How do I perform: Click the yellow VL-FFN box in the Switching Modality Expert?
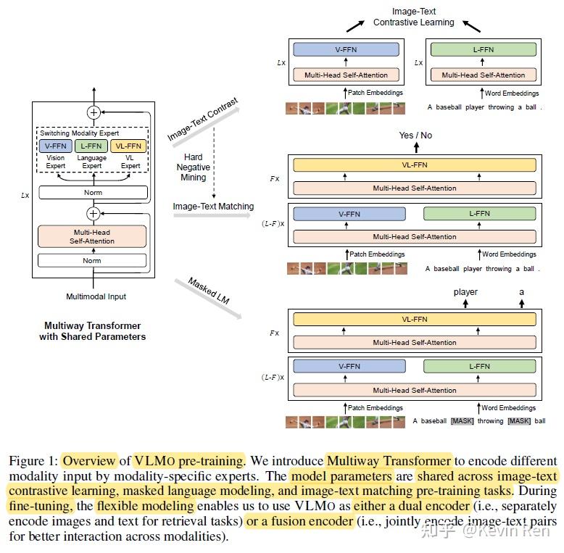(x=128, y=146)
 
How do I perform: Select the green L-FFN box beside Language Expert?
(x=91, y=146)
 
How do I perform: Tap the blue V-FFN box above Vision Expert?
(x=55, y=146)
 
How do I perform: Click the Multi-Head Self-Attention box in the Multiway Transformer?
(x=92, y=236)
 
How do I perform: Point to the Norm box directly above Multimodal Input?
(x=92, y=260)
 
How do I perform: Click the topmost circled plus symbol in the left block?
(x=94, y=112)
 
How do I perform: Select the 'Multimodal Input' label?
(x=96, y=296)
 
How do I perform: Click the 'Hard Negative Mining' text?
(x=193, y=167)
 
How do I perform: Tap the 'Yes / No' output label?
(x=415, y=136)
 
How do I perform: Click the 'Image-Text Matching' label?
(x=213, y=207)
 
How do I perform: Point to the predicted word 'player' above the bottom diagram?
(x=465, y=292)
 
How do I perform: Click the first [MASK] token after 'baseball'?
(x=463, y=420)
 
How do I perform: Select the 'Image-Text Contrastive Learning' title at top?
(x=414, y=17)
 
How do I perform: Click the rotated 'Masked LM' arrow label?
(x=209, y=291)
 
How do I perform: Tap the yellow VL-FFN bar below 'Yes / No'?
(x=415, y=165)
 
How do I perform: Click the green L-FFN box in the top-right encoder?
(x=484, y=49)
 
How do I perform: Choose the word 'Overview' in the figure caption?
(x=89, y=461)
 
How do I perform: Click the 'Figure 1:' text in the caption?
(x=33, y=461)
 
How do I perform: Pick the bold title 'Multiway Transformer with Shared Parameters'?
(x=93, y=330)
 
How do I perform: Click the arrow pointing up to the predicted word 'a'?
(x=521, y=304)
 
